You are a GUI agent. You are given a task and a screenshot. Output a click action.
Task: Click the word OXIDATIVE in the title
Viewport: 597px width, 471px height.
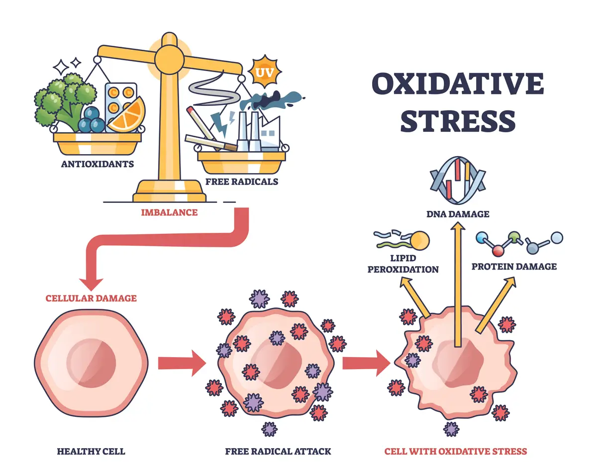[457, 85]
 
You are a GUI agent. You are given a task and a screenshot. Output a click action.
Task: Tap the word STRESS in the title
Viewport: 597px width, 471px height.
[457, 121]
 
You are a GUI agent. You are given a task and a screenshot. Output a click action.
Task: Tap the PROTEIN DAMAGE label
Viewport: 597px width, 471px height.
[514, 267]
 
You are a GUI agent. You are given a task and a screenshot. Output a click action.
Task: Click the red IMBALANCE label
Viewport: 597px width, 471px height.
[169, 212]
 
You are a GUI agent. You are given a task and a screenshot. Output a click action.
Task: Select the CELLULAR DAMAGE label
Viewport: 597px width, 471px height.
[91, 298]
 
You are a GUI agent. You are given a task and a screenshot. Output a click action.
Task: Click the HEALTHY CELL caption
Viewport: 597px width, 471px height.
[91, 452]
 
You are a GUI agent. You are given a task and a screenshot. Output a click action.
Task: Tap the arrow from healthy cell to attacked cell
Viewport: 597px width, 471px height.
[182, 363]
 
